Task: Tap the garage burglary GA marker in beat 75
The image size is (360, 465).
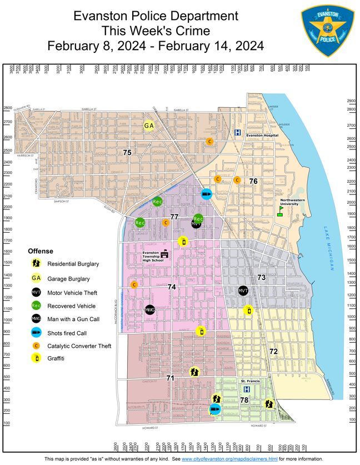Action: pos(149,126)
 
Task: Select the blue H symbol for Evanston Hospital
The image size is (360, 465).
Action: pos(238,133)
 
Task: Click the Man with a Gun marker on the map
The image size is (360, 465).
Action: pos(149,309)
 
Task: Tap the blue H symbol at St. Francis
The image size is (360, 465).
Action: pos(247,389)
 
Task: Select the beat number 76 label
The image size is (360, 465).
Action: pos(253,181)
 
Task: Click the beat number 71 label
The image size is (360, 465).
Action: pos(171,378)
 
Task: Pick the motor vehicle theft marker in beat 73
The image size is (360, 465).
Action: pos(243,291)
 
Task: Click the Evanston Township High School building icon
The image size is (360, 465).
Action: pos(164,253)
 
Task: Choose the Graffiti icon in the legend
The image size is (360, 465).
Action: pos(36,358)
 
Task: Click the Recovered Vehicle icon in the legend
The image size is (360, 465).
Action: pos(36,306)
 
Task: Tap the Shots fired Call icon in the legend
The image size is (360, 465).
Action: pos(36,332)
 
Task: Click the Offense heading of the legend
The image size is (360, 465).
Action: pos(41,251)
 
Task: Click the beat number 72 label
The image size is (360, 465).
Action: pos(273,352)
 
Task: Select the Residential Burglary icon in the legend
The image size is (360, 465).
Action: pos(36,263)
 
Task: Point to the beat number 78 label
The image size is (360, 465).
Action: pos(244,400)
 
